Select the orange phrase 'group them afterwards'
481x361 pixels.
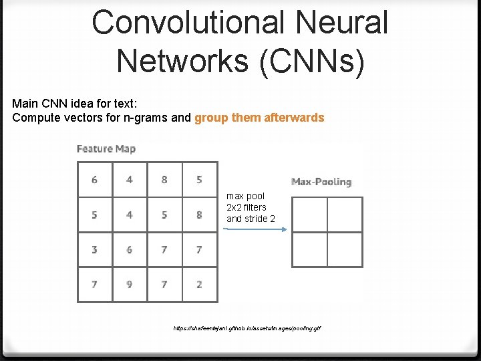[x=259, y=118]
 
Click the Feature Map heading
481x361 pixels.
[x=106, y=148]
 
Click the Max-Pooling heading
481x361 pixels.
[x=321, y=182]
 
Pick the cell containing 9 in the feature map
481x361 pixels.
[x=130, y=284]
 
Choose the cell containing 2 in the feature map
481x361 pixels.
[x=199, y=284]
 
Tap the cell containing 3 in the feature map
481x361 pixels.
[x=94, y=249]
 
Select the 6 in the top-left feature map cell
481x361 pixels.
[x=94, y=179]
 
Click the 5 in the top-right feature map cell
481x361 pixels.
[x=199, y=179]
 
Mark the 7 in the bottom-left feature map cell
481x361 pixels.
[x=94, y=284]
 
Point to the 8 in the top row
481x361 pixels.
[x=164, y=179]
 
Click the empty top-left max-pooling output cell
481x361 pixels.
[x=309, y=215]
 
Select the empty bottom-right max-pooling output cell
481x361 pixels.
[x=345, y=249]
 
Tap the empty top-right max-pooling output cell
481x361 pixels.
[x=345, y=215]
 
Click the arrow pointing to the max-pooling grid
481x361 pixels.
[x=255, y=229]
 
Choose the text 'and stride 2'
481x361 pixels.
[x=251, y=219]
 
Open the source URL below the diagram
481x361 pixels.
[x=247, y=329]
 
